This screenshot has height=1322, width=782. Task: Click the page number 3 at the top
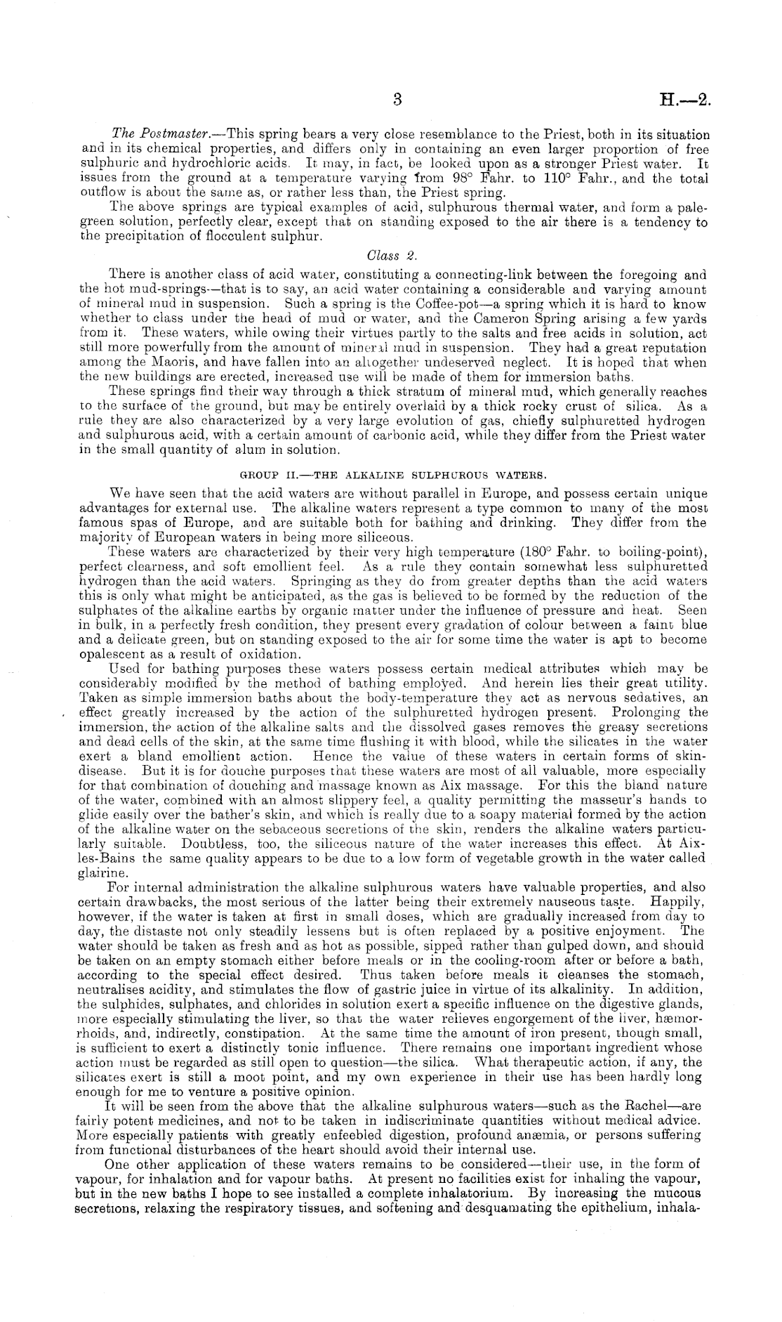tap(397, 100)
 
